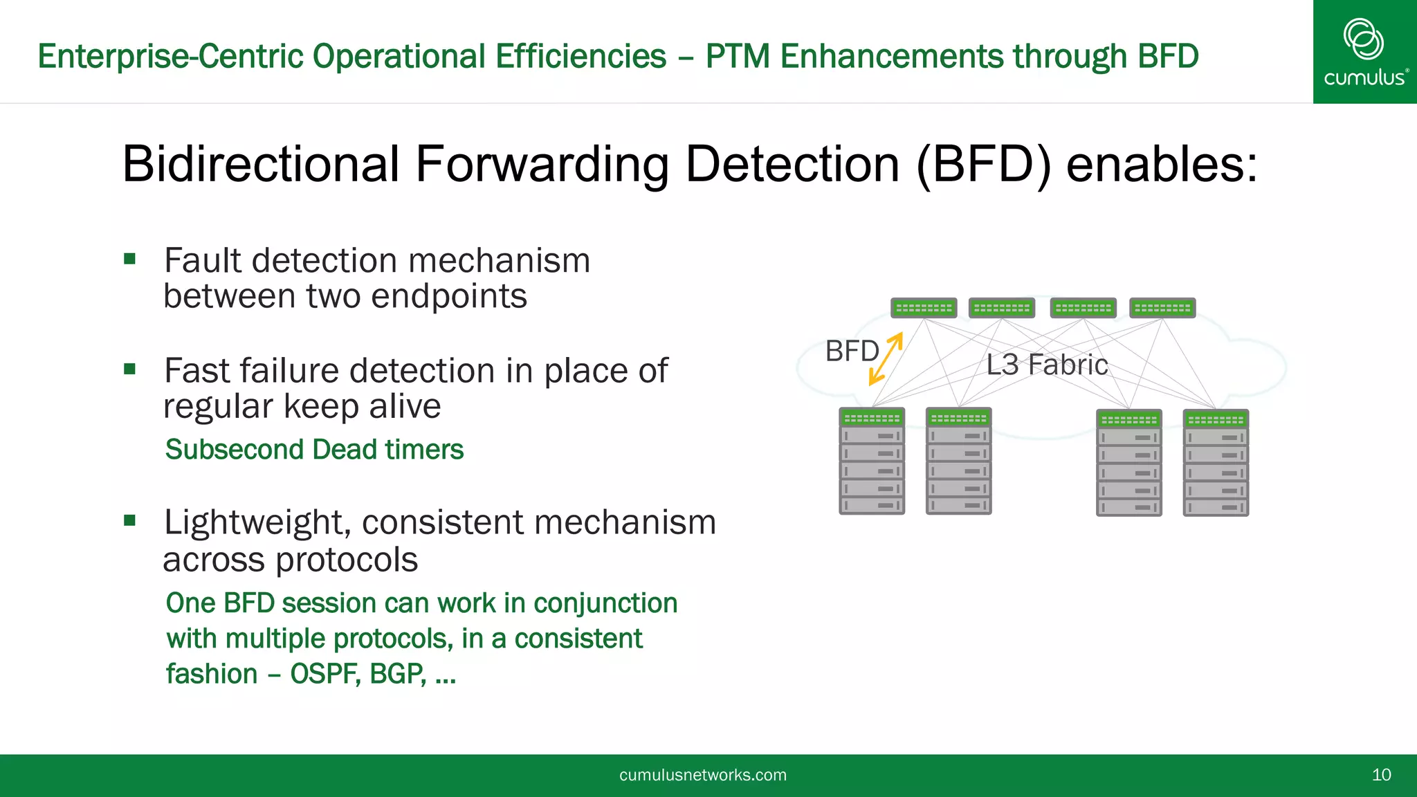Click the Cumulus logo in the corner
(x=1364, y=52)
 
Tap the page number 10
(x=1381, y=775)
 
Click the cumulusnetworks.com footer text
(x=702, y=775)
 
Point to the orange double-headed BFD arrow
(x=886, y=358)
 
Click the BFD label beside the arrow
(x=852, y=351)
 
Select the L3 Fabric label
(x=1047, y=365)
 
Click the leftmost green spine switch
(x=924, y=308)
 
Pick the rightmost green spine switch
(x=1162, y=308)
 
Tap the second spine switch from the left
(x=1002, y=308)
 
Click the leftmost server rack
(x=872, y=462)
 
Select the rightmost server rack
(x=1216, y=464)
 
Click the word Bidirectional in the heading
(x=261, y=165)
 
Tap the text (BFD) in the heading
(x=983, y=165)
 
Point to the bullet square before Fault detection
(x=129, y=259)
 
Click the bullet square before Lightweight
(x=129, y=520)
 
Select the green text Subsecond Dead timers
(x=314, y=450)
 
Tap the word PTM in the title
(x=738, y=57)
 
